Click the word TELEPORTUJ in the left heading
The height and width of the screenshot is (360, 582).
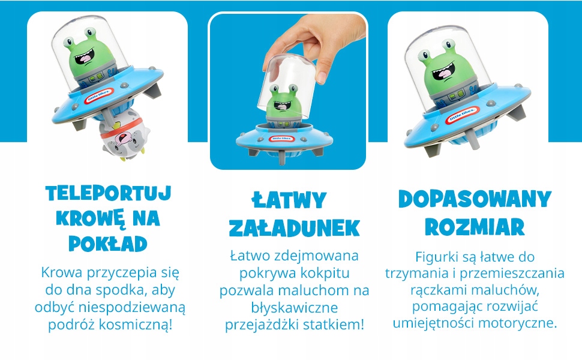(109, 193)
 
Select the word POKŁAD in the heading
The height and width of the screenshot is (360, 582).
(109, 243)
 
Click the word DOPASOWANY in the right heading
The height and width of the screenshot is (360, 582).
(474, 200)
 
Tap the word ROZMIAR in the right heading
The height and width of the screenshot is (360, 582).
(474, 227)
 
